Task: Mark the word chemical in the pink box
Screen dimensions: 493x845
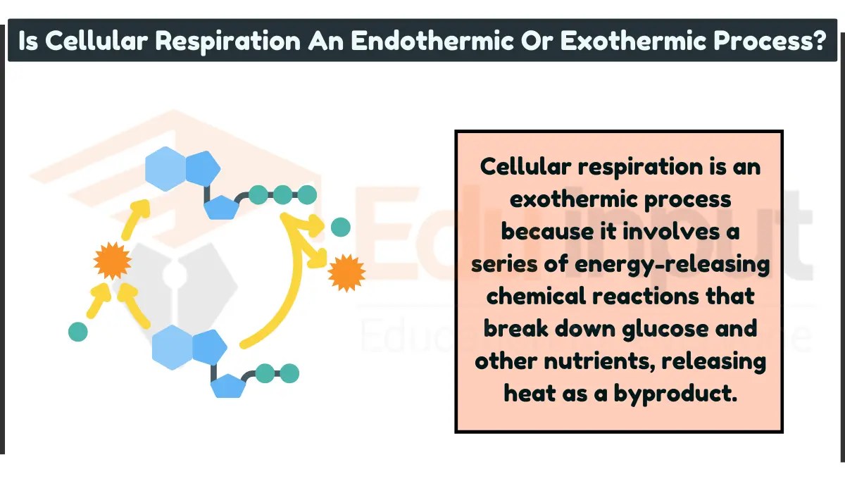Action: (540, 297)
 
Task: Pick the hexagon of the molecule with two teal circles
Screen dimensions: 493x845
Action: (173, 347)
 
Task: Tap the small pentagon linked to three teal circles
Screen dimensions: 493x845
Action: (220, 207)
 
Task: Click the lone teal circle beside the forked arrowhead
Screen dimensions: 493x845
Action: (340, 227)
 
